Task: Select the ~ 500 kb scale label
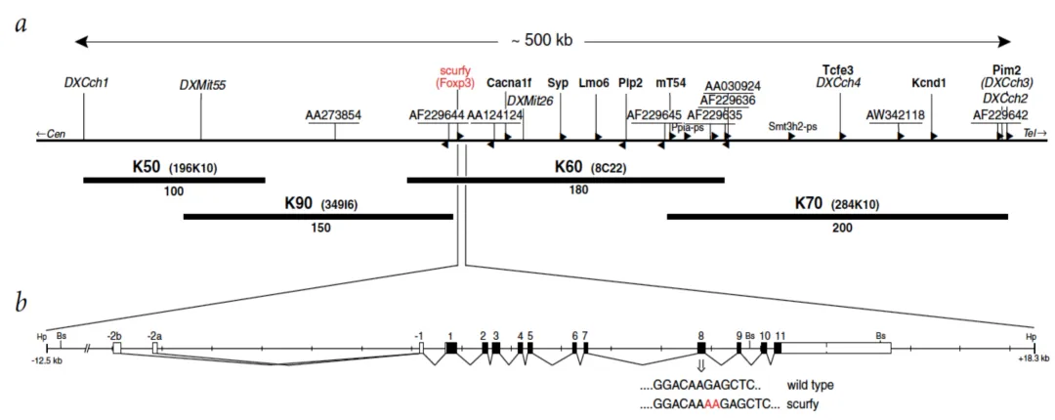pyautogui.click(x=541, y=41)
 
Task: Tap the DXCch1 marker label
pyautogui.click(x=86, y=82)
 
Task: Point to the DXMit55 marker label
pyautogui.click(x=202, y=85)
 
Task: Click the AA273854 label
pyautogui.click(x=333, y=115)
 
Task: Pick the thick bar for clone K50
pyautogui.click(x=174, y=180)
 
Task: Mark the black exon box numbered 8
pyautogui.click(x=701, y=348)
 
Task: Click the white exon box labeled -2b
pyautogui.click(x=116, y=347)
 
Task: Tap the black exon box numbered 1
pyautogui.click(x=450, y=348)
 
